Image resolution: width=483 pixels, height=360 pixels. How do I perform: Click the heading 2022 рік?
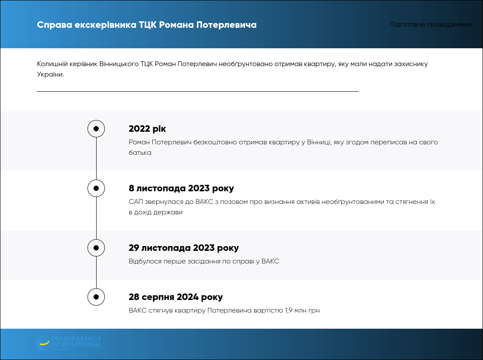pos(147,129)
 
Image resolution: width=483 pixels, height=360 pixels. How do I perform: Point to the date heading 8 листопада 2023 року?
pos(181,188)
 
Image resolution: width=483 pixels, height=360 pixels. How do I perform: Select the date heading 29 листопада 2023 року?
pos(184,248)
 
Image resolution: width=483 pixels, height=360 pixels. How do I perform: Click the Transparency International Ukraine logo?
pos(68,343)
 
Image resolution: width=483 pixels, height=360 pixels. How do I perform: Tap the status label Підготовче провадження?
pos(430,24)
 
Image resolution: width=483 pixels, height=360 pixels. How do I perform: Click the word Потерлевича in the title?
pos(226,25)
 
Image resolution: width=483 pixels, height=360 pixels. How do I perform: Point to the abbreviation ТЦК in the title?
pos(148,25)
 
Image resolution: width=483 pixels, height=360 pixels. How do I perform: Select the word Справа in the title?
pos(54,25)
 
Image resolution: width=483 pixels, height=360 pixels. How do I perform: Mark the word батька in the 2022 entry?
pos(140,153)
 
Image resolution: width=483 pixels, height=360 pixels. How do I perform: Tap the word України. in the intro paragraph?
pos(50,74)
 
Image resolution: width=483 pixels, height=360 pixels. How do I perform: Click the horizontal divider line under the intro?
pos(198,91)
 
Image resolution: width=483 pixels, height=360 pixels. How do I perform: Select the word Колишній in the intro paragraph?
pos(51,64)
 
